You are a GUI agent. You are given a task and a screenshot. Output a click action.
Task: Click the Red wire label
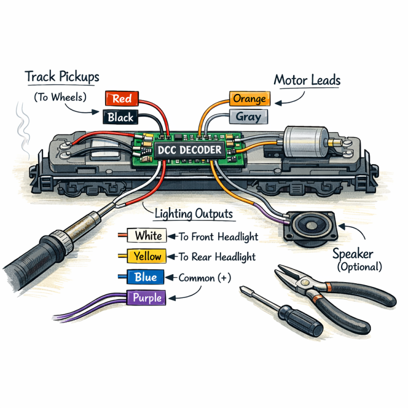tap(122, 99)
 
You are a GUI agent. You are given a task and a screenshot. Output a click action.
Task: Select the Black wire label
tap(120, 117)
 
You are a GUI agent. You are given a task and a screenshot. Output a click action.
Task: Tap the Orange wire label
tap(250, 99)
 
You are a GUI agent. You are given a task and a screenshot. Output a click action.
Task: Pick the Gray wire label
tap(248, 116)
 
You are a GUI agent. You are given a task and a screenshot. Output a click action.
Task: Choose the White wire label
tap(148, 235)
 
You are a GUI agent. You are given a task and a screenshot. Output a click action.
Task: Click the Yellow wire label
tap(147, 256)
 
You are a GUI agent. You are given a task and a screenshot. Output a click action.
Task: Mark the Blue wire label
tap(146, 277)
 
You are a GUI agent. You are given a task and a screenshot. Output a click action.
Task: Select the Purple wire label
tap(147, 297)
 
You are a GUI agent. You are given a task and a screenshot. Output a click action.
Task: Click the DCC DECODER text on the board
tap(189, 150)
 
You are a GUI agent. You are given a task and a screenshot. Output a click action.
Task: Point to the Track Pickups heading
tap(62, 77)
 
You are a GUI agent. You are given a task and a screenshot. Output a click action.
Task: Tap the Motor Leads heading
tap(307, 81)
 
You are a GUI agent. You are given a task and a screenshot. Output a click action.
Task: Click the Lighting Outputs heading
tap(193, 214)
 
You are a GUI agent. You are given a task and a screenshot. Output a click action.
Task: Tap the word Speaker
tap(353, 254)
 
